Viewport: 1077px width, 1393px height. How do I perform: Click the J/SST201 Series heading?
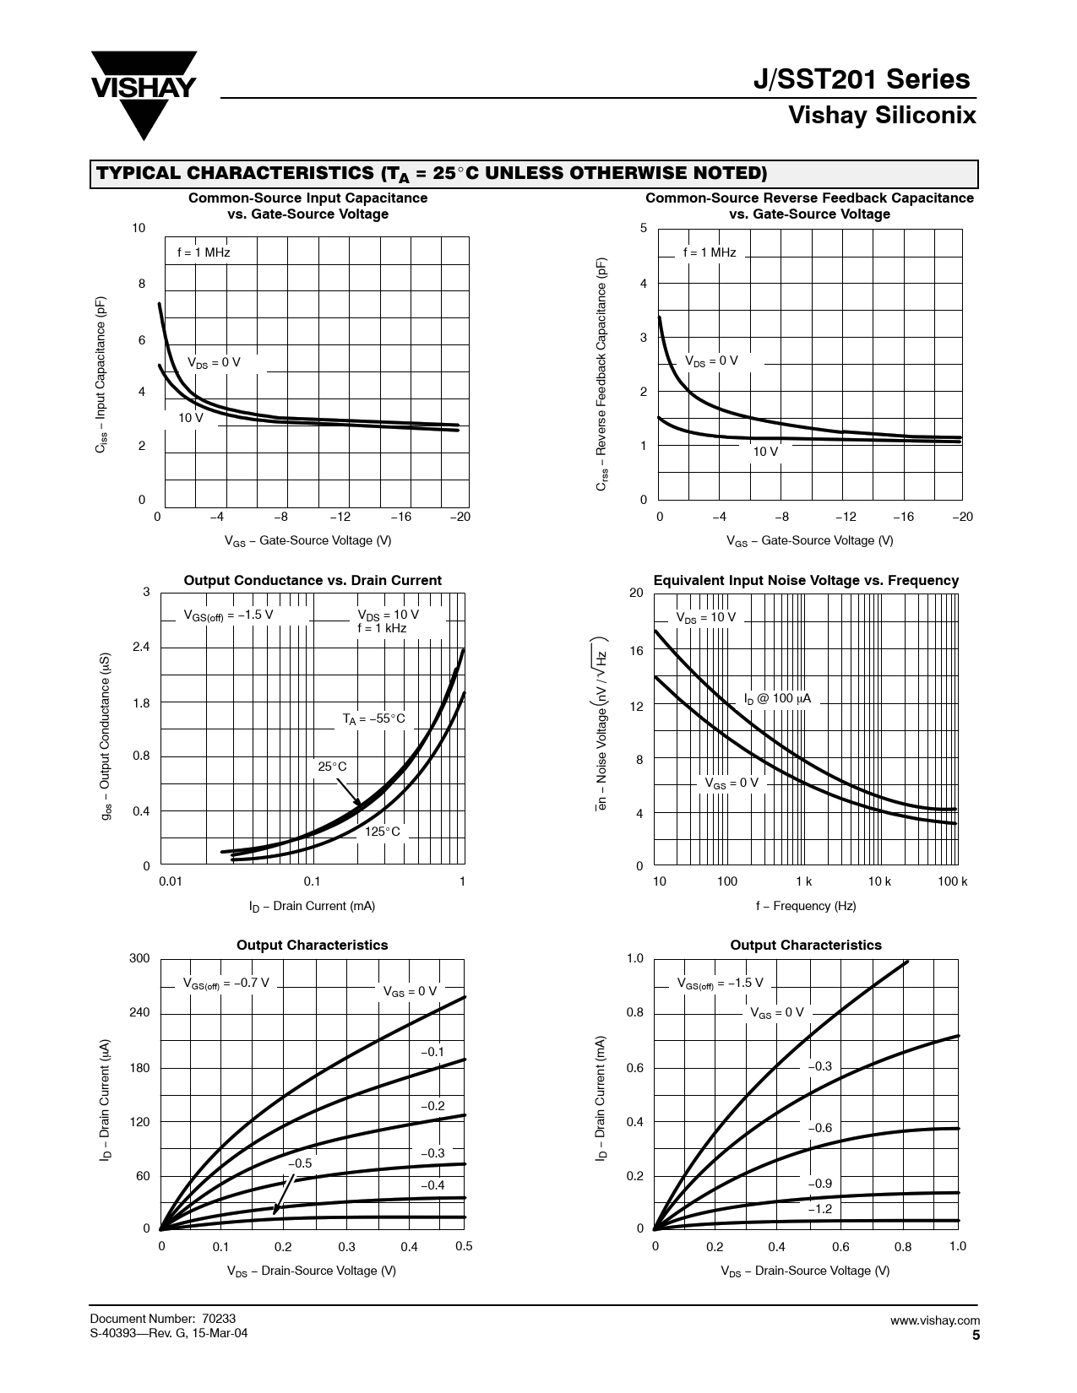click(x=861, y=79)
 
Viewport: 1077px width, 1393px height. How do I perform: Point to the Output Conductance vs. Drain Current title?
click(x=313, y=580)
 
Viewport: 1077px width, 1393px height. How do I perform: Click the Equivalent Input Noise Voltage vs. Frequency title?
click(x=806, y=580)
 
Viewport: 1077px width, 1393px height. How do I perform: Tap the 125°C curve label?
click(x=383, y=832)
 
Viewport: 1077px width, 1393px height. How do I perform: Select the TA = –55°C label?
click(x=374, y=718)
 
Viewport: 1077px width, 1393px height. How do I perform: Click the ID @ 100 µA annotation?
click(x=777, y=698)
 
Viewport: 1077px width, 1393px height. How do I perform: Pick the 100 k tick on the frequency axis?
click(x=952, y=881)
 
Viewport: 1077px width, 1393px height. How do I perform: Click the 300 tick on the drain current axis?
click(x=139, y=958)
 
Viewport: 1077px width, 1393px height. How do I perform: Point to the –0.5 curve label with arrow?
click(x=300, y=1163)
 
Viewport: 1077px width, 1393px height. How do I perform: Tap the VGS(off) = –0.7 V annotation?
click(x=226, y=983)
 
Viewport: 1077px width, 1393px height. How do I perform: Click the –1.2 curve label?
click(x=819, y=1209)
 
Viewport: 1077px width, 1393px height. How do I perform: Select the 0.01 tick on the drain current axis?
click(x=171, y=881)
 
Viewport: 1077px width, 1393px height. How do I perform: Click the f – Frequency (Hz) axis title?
click(x=806, y=906)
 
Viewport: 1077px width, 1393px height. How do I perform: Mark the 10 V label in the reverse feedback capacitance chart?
click(x=765, y=452)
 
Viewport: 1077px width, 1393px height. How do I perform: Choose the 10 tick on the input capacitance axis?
click(x=139, y=228)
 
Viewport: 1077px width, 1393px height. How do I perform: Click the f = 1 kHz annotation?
click(x=382, y=628)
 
